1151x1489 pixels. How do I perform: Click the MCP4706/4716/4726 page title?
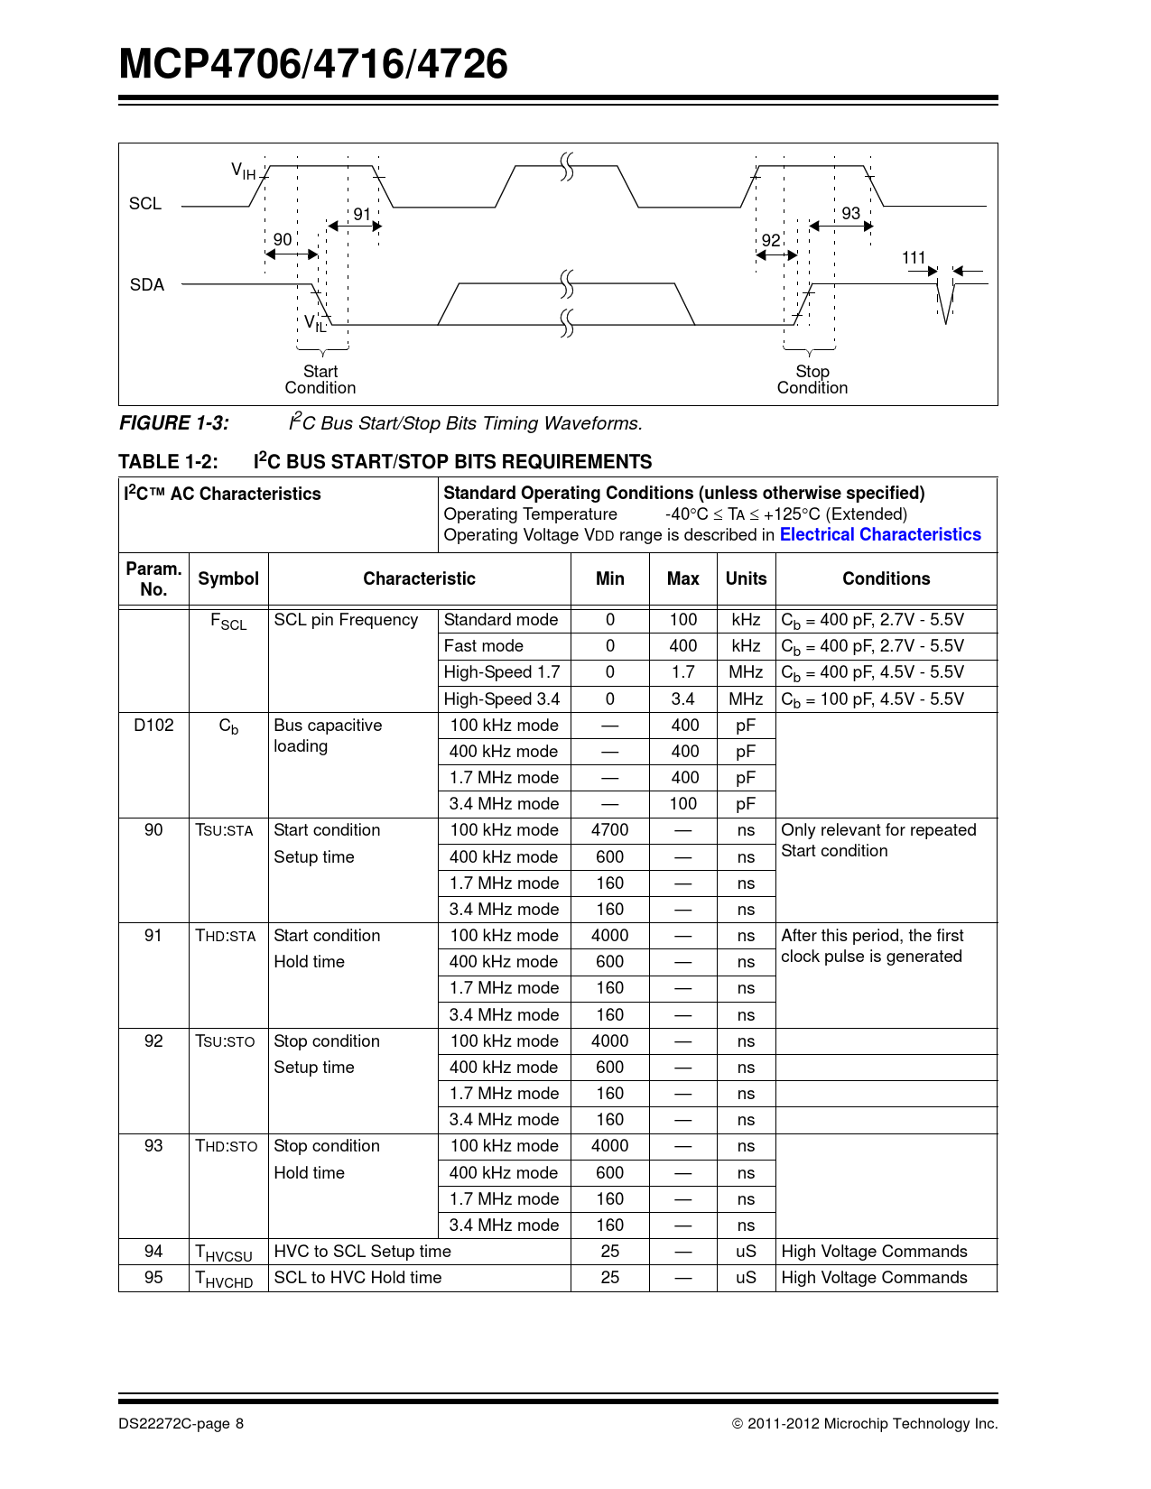(x=313, y=65)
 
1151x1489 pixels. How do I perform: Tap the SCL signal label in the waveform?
(x=145, y=204)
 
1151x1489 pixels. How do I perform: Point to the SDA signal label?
(x=147, y=285)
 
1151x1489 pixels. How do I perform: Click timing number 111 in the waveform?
(x=914, y=258)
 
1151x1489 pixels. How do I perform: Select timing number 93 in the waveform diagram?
(x=850, y=213)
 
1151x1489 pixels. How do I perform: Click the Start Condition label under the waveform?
(x=320, y=380)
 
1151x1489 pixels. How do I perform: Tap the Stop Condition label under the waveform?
(x=812, y=380)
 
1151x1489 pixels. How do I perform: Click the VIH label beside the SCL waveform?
(x=243, y=171)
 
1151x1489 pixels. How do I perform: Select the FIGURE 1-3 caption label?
(x=174, y=423)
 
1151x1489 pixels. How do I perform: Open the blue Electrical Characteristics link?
(x=880, y=535)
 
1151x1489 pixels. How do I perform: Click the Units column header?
(x=746, y=579)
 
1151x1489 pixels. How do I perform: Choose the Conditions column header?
(x=886, y=579)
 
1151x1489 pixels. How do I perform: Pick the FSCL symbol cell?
(x=228, y=622)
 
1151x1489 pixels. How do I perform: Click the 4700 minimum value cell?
(x=609, y=830)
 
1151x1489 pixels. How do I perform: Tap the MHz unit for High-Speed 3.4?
(x=746, y=699)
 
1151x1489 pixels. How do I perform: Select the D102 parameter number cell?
(x=153, y=726)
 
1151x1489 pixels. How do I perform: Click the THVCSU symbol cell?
(x=225, y=1253)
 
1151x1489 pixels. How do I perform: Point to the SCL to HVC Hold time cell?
(x=357, y=1278)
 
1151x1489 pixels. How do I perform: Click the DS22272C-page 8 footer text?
(x=181, y=1424)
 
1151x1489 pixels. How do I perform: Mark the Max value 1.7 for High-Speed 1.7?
(x=682, y=672)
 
